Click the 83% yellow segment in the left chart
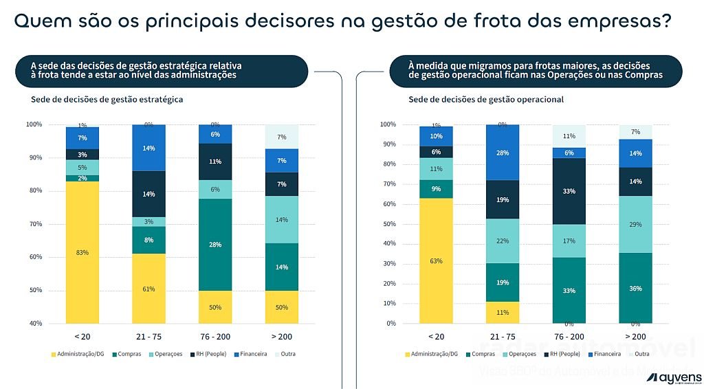click(82, 252)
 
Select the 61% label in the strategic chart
click(148, 289)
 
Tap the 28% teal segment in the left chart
click(215, 245)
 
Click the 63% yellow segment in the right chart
click(436, 260)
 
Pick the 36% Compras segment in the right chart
click(635, 288)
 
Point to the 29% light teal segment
click(635, 225)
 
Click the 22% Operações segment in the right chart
click(502, 241)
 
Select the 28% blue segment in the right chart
click(502, 153)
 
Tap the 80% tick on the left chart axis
click(34, 191)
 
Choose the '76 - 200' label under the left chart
click(215, 337)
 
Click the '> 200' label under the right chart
click(635, 337)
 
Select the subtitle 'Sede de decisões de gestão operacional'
click(486, 100)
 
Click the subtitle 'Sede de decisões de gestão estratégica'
click(107, 100)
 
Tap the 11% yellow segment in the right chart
click(502, 312)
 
